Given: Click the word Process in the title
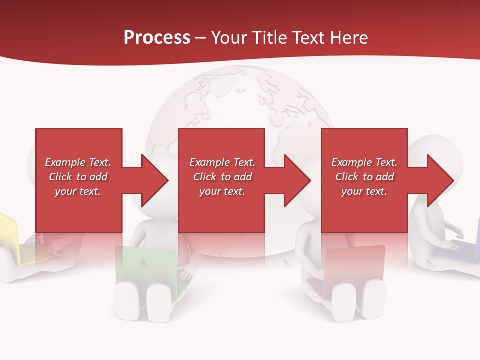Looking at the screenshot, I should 157,38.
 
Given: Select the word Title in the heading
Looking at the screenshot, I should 268,38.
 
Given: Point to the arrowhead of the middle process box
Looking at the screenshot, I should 296,180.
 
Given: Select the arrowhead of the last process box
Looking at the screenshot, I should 439,180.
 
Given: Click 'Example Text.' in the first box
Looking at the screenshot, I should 78,162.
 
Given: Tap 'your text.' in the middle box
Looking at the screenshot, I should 222,191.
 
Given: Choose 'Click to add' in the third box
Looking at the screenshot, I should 364,177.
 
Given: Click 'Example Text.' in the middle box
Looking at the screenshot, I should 222,162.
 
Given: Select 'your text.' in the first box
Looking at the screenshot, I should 78,191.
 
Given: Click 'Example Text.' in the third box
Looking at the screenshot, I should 364,162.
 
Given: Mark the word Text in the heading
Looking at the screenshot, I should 308,38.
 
